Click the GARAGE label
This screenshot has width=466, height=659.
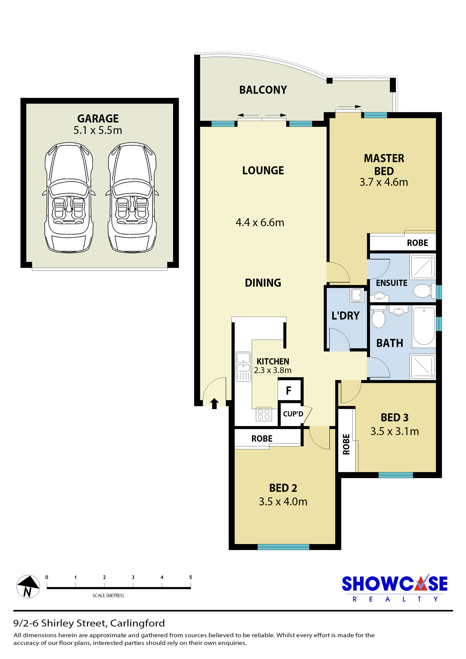[98, 119]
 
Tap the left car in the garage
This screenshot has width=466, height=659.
[69, 197]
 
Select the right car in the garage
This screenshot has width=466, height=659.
[132, 197]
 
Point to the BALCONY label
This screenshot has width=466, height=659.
[263, 90]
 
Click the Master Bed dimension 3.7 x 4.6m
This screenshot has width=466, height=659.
[384, 182]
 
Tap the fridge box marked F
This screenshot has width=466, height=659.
[290, 390]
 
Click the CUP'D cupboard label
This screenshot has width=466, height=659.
[293, 414]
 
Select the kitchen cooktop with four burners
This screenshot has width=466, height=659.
[264, 414]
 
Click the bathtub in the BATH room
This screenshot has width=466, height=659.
[424, 326]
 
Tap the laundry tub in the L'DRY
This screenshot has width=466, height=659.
[357, 295]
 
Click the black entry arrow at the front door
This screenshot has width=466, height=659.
[214, 404]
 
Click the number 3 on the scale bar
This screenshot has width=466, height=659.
[133, 577]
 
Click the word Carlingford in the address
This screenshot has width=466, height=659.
[137, 623]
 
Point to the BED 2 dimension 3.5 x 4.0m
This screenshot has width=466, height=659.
[283, 501]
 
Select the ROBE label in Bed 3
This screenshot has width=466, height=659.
[346, 444]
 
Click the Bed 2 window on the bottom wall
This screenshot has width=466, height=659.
[283, 547]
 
